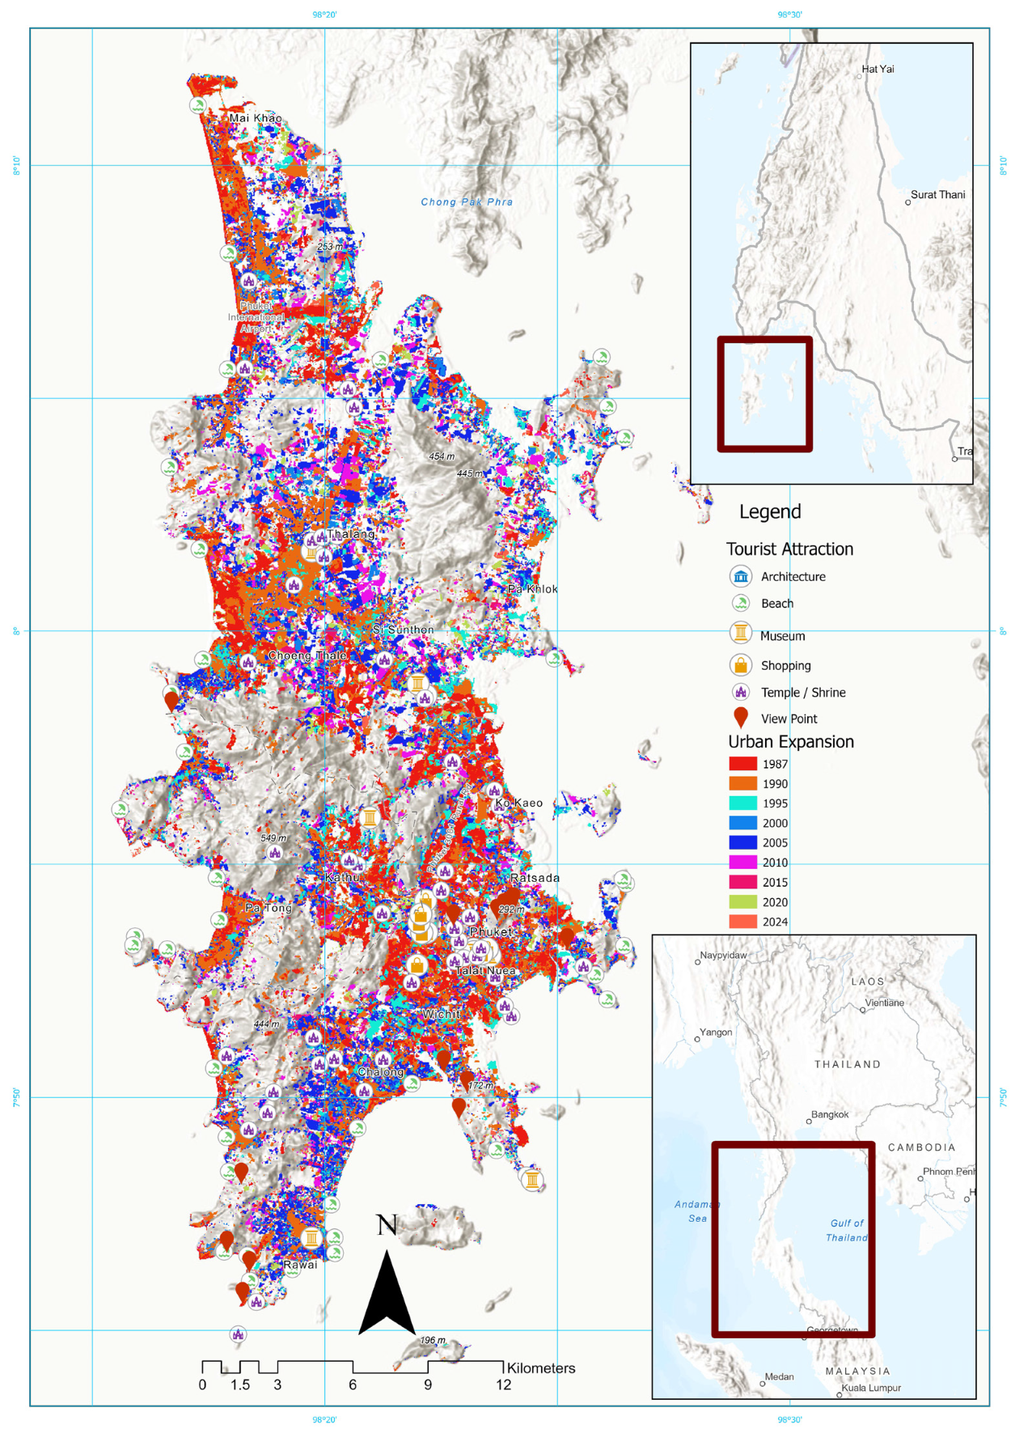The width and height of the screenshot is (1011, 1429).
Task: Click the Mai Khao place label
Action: pyautogui.click(x=256, y=118)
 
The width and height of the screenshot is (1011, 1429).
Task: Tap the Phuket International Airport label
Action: pyautogui.click(x=256, y=317)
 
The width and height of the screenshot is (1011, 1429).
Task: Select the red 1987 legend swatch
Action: pyautogui.click(x=742, y=764)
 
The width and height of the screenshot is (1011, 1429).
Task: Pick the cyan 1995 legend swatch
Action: pyautogui.click(x=742, y=804)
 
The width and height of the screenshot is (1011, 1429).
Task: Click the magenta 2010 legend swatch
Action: pyautogui.click(x=742, y=863)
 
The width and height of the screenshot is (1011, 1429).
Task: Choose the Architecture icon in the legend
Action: pyautogui.click(x=741, y=576)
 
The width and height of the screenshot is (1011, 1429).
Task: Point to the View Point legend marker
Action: pyautogui.click(x=740, y=717)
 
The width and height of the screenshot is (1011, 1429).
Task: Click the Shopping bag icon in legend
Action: pyautogui.click(x=740, y=665)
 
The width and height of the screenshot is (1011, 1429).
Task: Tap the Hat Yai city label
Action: pyautogui.click(x=878, y=70)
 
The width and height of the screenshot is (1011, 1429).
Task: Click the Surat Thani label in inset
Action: pyautogui.click(x=937, y=195)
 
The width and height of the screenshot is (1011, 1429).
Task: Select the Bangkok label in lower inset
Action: pyautogui.click(x=830, y=1114)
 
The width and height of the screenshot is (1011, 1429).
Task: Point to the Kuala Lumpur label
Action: pyautogui.click(x=871, y=1388)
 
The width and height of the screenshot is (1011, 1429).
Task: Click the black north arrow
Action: pyautogui.click(x=387, y=1295)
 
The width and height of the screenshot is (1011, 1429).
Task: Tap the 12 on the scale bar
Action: pyautogui.click(x=503, y=1384)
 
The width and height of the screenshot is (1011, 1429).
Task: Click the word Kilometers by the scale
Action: pyautogui.click(x=540, y=1368)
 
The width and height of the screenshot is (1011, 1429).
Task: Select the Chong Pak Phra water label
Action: pyautogui.click(x=467, y=202)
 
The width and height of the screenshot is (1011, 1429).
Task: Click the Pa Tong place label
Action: pyautogui.click(x=269, y=908)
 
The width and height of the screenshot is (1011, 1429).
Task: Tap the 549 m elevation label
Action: pyautogui.click(x=273, y=837)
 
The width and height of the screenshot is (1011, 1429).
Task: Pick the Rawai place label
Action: pyautogui.click(x=300, y=1265)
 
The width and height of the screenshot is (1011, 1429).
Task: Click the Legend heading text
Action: pyautogui.click(x=769, y=511)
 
